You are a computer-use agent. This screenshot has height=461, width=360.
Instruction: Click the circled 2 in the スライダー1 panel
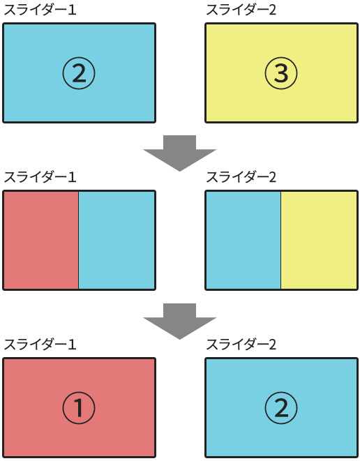[79, 73]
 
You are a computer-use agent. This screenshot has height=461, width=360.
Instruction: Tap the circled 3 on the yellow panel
[281, 73]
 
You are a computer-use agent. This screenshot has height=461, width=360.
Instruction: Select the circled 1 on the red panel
[79, 408]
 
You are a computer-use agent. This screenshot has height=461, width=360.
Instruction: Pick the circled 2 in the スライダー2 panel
[281, 408]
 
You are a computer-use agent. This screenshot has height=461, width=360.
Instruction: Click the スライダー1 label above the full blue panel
[40, 10]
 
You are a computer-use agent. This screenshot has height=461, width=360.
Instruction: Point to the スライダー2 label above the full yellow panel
[241, 10]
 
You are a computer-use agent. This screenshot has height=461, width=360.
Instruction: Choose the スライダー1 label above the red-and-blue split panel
[40, 177]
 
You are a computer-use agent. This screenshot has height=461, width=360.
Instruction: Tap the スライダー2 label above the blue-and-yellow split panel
[241, 177]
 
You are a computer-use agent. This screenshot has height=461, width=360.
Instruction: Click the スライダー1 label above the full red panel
[40, 345]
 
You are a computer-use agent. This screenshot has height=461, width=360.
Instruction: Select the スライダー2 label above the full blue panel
[241, 345]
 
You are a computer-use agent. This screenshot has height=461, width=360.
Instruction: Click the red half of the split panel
[41, 240]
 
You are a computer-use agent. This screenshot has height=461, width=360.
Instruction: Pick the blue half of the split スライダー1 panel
[117, 240]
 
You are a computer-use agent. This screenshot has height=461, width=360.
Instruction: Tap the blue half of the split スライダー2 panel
[243, 240]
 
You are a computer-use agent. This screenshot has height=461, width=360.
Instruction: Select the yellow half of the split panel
[319, 240]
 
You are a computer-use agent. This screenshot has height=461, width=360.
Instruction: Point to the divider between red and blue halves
[79, 240]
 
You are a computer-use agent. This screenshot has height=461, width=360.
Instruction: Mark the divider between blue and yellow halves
[281, 240]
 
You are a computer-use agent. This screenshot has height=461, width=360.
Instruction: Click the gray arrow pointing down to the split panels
[180, 153]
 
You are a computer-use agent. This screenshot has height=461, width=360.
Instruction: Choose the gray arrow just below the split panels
[180, 321]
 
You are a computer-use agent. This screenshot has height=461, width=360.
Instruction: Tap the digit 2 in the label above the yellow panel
[272, 10]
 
